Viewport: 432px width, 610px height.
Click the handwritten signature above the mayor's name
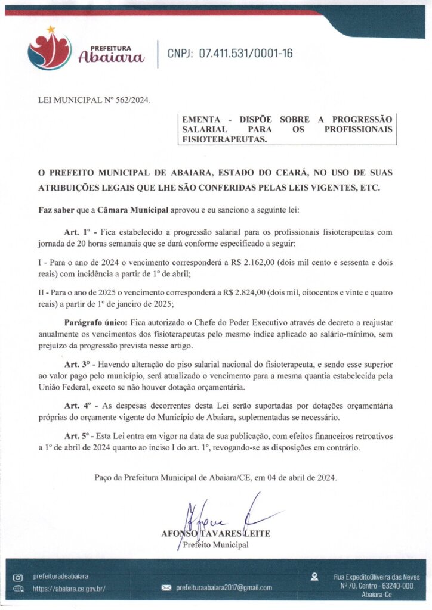click(227, 512)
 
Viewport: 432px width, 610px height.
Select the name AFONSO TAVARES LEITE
click(215, 533)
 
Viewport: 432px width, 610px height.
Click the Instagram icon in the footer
click(17, 577)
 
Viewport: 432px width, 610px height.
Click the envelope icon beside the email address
click(166, 588)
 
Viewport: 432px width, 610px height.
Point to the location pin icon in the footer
click(314, 577)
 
